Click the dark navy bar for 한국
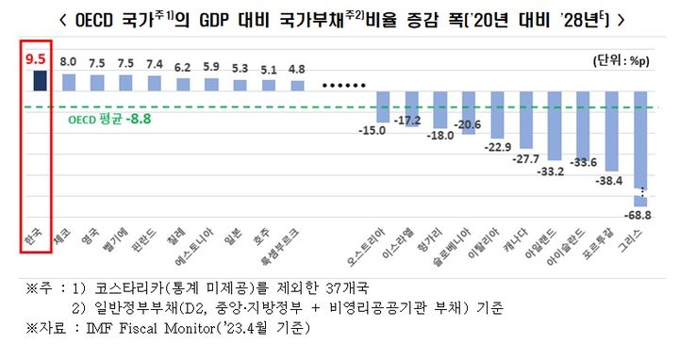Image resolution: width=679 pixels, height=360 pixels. coord(39,82)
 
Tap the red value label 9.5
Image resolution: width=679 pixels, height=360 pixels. coord(39,59)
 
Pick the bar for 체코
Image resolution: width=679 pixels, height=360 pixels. coord(69,83)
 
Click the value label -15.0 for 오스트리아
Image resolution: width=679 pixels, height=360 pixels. coord(381,130)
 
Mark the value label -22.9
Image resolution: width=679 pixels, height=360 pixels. coord(493,147)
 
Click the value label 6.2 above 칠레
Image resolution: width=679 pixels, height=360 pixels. coord(181,68)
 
